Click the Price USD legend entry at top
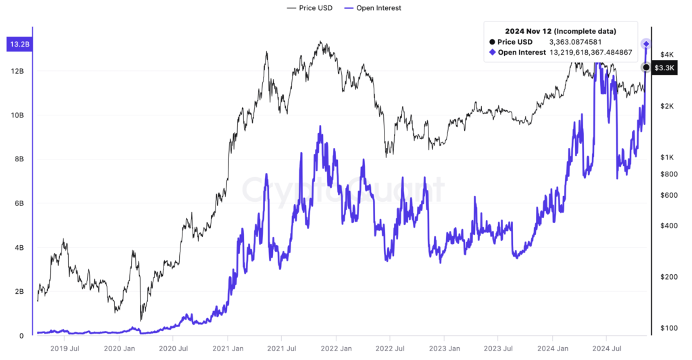pos(312,8)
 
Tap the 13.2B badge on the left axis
pos(18,45)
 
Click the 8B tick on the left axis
pos(19,159)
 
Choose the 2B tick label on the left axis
pos(19,292)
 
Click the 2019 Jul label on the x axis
pos(66,349)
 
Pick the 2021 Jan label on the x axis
pos(228,349)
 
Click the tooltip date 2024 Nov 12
pos(529,31)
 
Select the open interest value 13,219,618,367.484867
pos(591,52)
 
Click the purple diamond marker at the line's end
pos(646,44)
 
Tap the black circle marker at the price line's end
pos(646,68)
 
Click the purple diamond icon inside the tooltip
pos(493,52)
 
